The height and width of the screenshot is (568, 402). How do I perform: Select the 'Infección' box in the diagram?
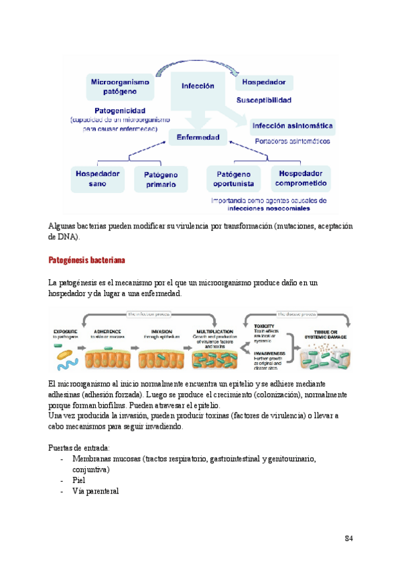[198, 86]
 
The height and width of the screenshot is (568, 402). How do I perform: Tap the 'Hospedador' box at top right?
[265, 82]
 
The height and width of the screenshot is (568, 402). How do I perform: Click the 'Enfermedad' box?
[198, 137]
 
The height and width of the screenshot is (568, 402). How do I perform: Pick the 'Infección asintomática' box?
[292, 125]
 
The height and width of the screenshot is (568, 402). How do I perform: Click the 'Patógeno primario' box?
[161, 178]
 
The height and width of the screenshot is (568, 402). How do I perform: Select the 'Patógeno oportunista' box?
[233, 178]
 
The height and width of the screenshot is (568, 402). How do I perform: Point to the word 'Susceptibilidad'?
[264, 100]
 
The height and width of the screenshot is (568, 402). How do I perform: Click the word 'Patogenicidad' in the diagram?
[120, 111]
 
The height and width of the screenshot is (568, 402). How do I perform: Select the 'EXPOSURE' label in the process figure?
[66, 331]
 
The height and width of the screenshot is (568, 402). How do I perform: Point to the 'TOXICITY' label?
[264, 326]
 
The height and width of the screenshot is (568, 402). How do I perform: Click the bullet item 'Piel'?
[79, 480]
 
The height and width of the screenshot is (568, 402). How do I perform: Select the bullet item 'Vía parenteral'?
[95, 491]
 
